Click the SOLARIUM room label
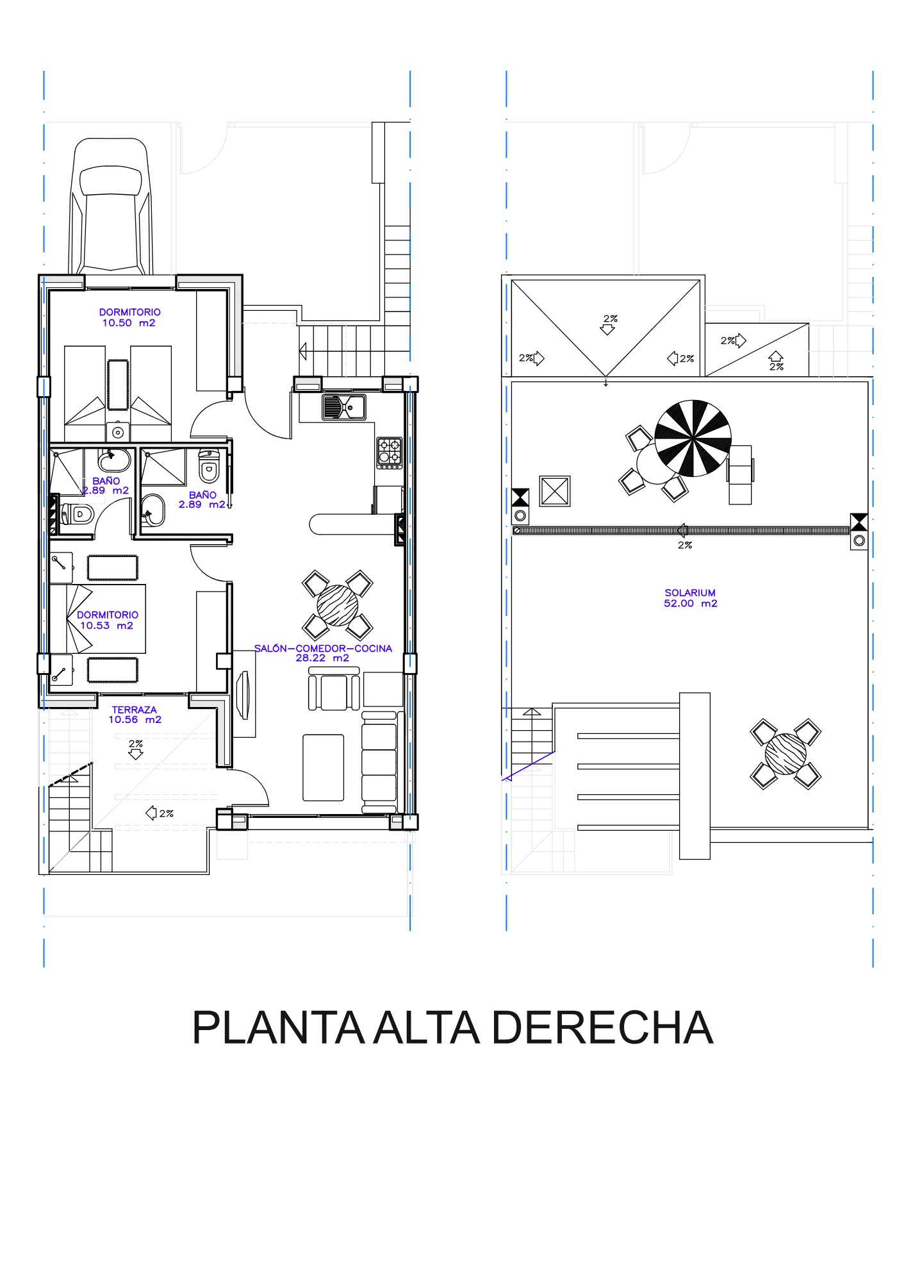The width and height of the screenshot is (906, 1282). click(690, 593)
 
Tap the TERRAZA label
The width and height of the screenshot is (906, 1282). click(134, 710)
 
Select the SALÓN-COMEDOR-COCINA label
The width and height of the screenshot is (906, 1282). click(323, 648)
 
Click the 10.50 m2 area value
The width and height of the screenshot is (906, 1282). click(129, 323)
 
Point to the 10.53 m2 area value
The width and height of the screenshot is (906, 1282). click(106, 626)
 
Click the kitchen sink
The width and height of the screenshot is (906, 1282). click(344, 406)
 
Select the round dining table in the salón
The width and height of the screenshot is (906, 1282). click(338, 605)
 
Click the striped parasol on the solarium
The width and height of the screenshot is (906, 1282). click(693, 438)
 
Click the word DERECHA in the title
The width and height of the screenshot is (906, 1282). click(602, 1028)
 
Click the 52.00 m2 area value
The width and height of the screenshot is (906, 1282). click(691, 604)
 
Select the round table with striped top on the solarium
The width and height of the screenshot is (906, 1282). click(786, 754)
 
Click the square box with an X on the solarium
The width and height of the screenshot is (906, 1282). click(555, 492)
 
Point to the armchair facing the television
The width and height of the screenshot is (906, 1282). click(334, 689)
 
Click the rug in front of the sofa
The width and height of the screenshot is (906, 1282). click(324, 768)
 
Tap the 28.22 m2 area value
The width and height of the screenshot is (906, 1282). click(322, 658)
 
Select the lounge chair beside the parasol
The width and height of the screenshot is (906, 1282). click(740, 475)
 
